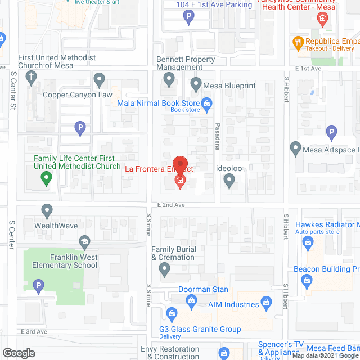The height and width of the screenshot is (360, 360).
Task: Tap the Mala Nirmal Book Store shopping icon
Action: (206, 103)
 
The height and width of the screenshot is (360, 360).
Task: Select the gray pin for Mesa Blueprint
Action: (196, 84)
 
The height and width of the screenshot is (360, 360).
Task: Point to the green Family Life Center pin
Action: (47, 179)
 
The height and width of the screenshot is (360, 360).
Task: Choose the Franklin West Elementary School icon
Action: (85, 242)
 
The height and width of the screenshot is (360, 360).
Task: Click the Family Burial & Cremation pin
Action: (164, 270)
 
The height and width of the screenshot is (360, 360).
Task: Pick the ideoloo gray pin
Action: (228, 180)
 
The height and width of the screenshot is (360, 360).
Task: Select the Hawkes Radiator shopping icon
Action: (307, 242)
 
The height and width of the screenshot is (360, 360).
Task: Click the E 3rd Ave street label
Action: (34, 332)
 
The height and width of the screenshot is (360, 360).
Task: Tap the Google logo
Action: (19, 353)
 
